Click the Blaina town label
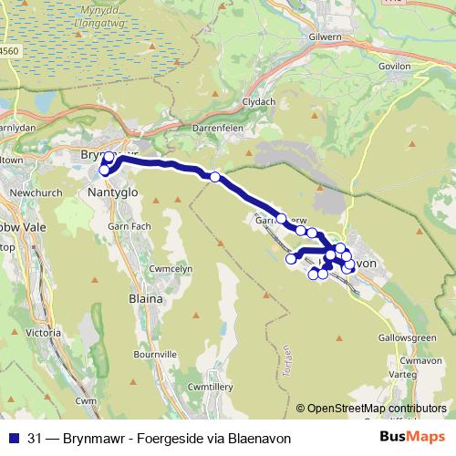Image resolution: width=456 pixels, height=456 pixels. [144, 298]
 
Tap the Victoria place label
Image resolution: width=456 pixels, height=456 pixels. [45, 334]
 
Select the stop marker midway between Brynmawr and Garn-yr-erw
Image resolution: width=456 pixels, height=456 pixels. [214, 177]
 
